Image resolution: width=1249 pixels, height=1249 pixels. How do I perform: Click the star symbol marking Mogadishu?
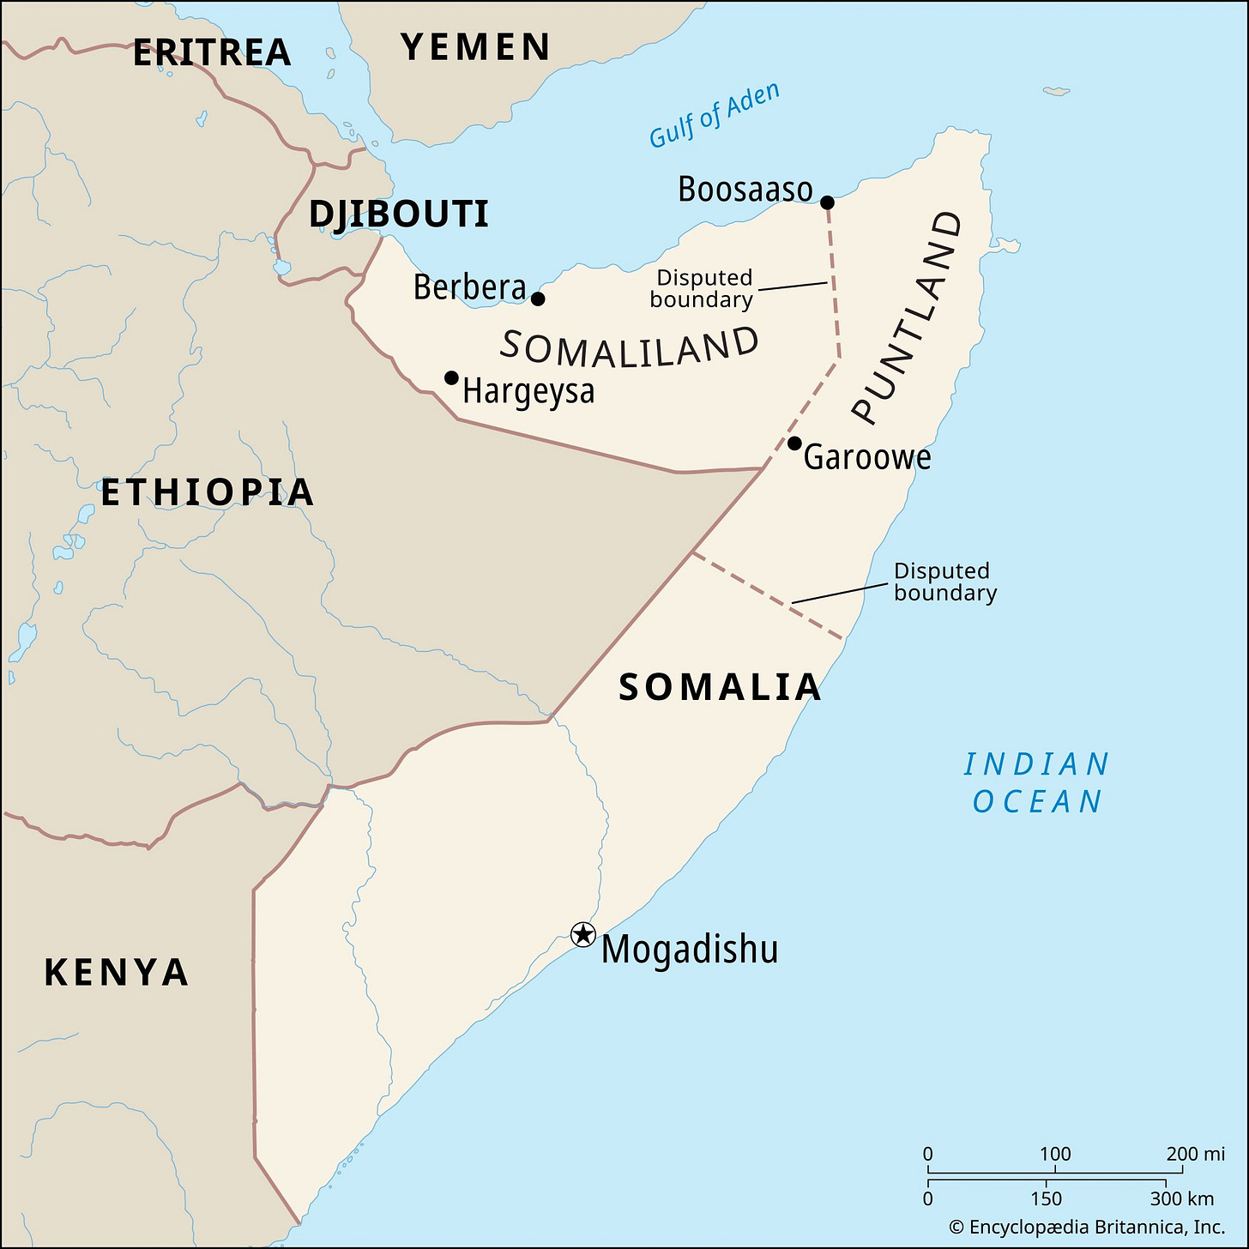(x=583, y=934)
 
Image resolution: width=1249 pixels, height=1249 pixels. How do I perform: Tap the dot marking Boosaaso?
(x=827, y=202)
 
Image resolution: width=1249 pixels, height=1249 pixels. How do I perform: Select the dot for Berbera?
(x=538, y=299)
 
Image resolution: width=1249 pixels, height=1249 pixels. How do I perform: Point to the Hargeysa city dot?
(x=451, y=377)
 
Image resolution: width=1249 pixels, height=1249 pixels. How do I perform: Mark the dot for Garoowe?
(x=794, y=443)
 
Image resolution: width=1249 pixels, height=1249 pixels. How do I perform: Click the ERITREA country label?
(x=212, y=53)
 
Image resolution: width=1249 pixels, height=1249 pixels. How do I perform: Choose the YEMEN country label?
(x=476, y=47)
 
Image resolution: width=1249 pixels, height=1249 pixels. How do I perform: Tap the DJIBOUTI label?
(x=399, y=214)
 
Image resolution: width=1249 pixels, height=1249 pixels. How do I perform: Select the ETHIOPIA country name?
(x=208, y=492)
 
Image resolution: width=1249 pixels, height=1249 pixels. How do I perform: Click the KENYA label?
(x=117, y=973)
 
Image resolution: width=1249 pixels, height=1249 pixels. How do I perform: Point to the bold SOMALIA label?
(x=720, y=687)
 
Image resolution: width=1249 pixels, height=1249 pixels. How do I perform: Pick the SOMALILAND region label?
(x=630, y=347)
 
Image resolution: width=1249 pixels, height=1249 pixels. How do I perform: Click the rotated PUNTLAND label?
(x=908, y=317)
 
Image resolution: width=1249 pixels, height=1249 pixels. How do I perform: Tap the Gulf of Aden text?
(x=715, y=115)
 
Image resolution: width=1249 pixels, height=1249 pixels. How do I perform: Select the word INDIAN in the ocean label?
(x=1036, y=763)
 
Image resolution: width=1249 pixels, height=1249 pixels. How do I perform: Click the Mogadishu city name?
(x=690, y=950)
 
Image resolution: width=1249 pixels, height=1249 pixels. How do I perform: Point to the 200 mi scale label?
(x=1195, y=1154)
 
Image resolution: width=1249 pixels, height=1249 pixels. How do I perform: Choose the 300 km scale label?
(x=1181, y=1198)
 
